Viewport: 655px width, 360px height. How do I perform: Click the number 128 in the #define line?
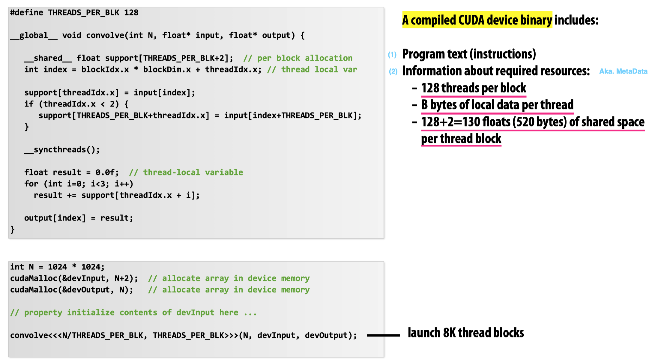[131, 13]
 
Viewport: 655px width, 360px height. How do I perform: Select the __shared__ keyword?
[48, 58]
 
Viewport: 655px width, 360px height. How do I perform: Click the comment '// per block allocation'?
[298, 58]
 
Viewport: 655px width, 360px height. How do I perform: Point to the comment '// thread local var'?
[312, 70]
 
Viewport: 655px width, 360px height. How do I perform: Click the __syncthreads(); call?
[62, 150]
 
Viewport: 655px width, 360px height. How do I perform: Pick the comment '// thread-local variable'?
[186, 172]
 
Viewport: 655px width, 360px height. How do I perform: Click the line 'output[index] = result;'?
[79, 218]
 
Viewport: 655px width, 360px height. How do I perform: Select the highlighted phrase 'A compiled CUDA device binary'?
[477, 20]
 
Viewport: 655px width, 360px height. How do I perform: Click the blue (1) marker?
[392, 55]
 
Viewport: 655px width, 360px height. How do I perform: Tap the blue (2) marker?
[393, 71]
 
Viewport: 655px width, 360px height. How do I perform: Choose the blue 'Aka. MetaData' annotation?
[623, 71]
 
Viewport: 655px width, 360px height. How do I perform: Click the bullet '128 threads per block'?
[474, 88]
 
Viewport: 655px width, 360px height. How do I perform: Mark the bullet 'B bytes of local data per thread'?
[497, 105]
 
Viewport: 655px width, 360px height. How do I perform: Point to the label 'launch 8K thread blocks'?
[466, 333]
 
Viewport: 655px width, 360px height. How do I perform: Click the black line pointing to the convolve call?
[383, 335]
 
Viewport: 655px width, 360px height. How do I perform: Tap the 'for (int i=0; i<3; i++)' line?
[79, 184]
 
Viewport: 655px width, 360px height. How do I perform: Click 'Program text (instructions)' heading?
[469, 54]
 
